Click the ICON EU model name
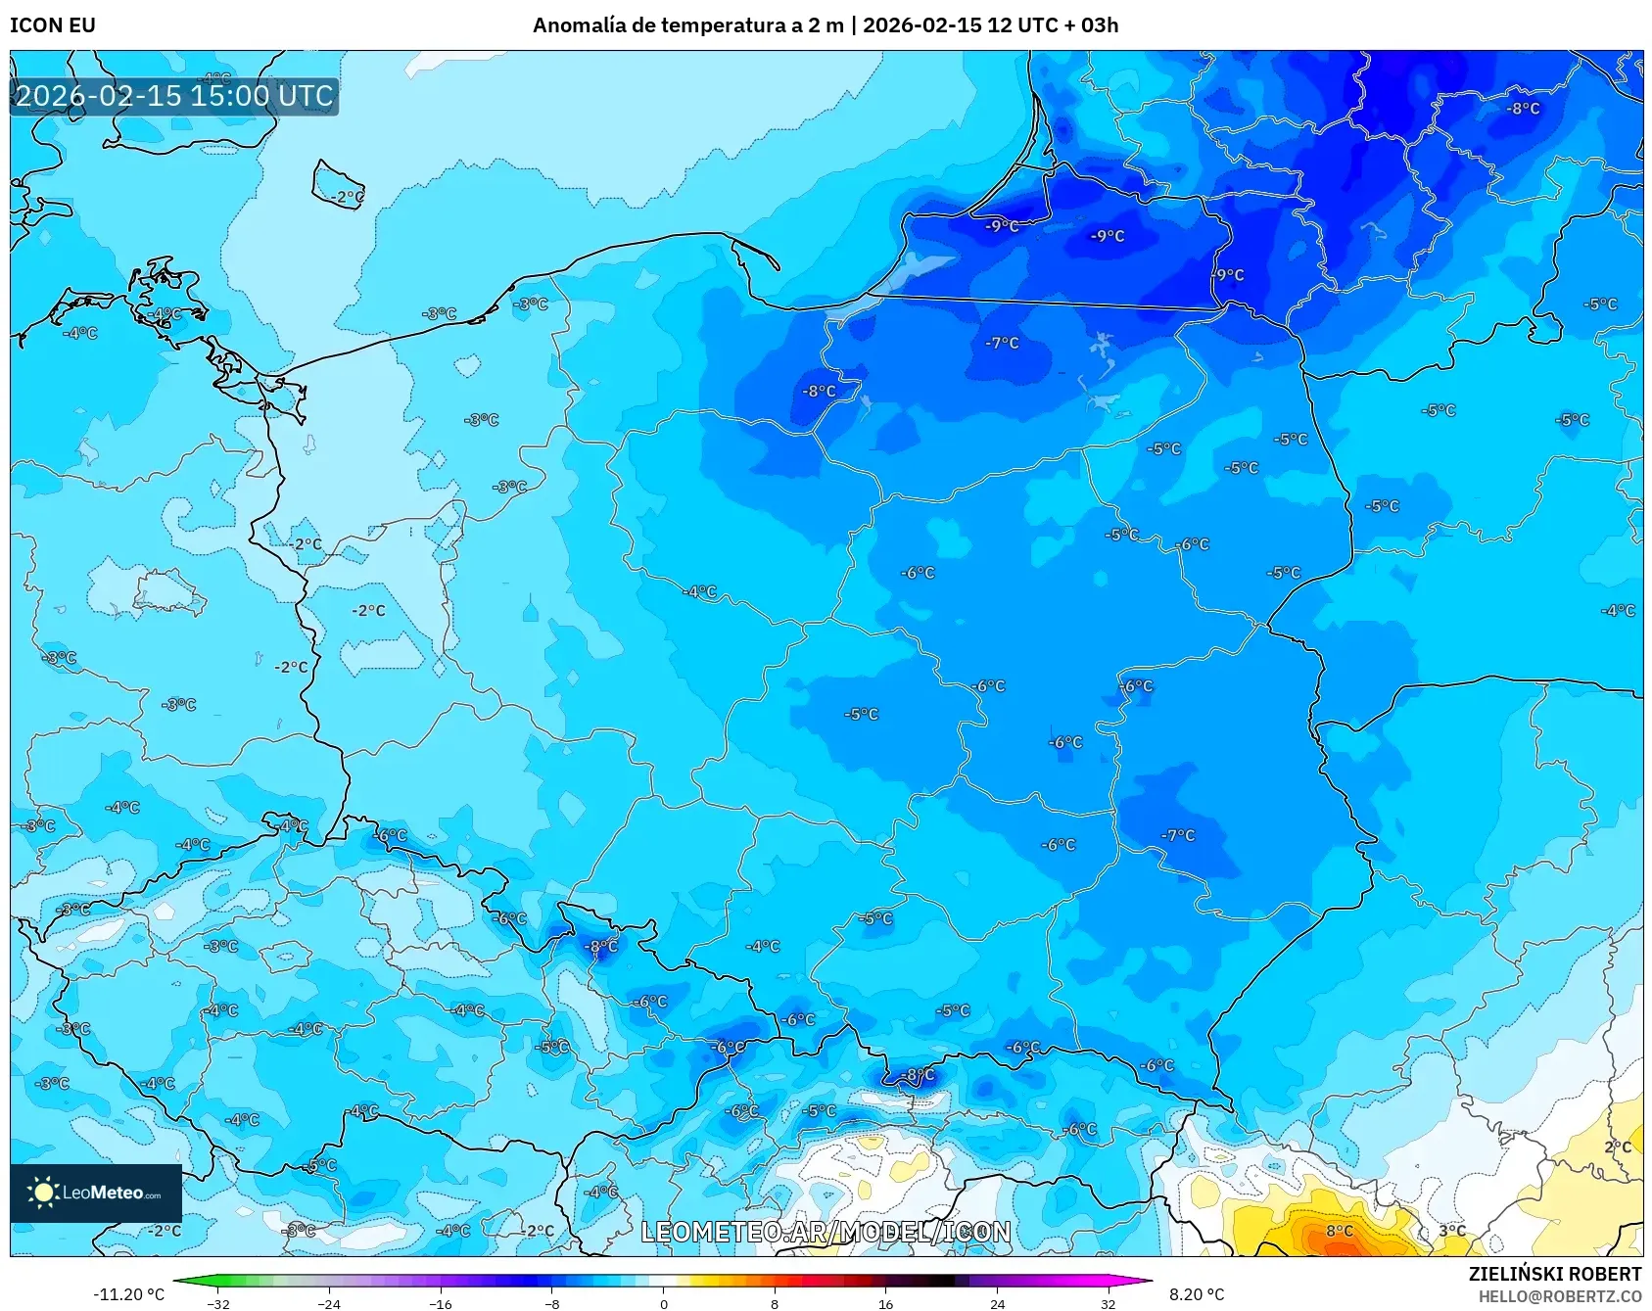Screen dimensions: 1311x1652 pyautogui.click(x=53, y=24)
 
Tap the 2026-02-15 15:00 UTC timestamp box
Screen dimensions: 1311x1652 pyautogui.click(x=174, y=96)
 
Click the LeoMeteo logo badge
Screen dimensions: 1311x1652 pyautogui.click(x=96, y=1193)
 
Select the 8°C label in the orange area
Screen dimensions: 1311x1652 pyautogui.click(x=1339, y=1231)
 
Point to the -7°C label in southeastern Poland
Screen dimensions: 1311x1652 pyautogui.click(x=1178, y=835)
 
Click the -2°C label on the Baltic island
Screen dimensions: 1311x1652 pyautogui.click(x=345, y=197)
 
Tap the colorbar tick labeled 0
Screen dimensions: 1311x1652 pyautogui.click(x=664, y=1303)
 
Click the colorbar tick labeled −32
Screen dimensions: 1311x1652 pyautogui.click(x=218, y=1303)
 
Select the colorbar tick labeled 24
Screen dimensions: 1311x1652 pyautogui.click(x=997, y=1303)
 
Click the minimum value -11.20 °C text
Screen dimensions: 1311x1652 pyautogui.click(x=128, y=1294)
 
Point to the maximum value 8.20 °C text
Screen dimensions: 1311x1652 pyautogui.click(x=1197, y=1294)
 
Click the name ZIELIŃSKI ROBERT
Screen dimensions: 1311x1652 pyautogui.click(x=1554, y=1274)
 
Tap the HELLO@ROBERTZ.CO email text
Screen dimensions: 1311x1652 pyautogui.click(x=1559, y=1296)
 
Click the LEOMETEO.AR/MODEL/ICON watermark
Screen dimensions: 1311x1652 pyautogui.click(x=826, y=1232)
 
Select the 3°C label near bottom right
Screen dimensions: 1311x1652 pyautogui.click(x=1452, y=1231)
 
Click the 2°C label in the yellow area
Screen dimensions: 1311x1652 pyautogui.click(x=1618, y=1147)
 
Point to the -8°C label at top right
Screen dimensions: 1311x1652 pyautogui.click(x=1523, y=109)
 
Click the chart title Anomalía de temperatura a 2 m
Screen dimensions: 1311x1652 pyautogui.click(x=687, y=24)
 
